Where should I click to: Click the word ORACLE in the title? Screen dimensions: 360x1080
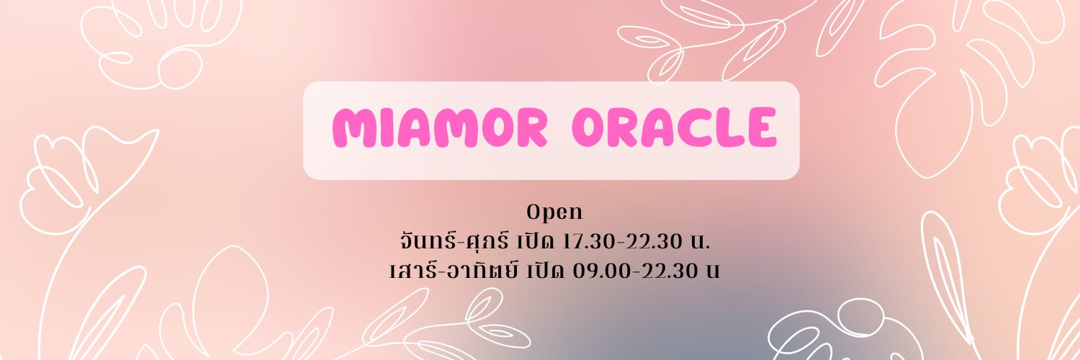[674, 130]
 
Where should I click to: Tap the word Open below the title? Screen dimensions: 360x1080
[554, 213]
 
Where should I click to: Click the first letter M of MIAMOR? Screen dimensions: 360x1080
[353, 130]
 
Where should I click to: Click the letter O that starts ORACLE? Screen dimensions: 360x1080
[591, 130]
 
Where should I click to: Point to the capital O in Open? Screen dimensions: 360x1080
[534, 213]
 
